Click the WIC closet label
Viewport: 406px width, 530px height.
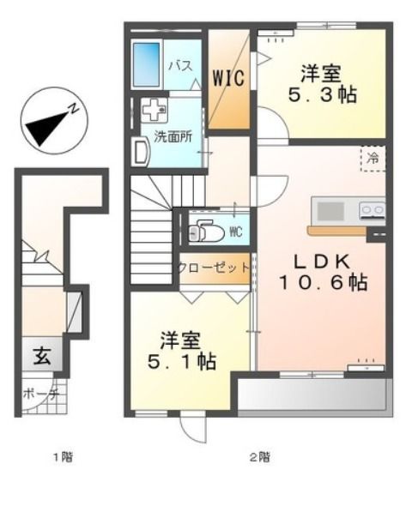pyautogui.click(x=229, y=78)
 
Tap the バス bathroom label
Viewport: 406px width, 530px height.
pyautogui.click(x=179, y=65)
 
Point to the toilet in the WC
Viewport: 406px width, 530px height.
pyautogui.click(x=204, y=232)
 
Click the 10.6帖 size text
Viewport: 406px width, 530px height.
pyautogui.click(x=321, y=285)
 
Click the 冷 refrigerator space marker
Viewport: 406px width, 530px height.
pyautogui.click(x=373, y=158)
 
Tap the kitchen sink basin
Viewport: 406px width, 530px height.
pyautogui.click(x=329, y=211)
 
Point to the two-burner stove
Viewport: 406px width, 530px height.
pyautogui.click(x=372, y=208)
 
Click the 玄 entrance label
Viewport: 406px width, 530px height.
pyautogui.click(x=42, y=356)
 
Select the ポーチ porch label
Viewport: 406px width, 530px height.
pyautogui.click(x=41, y=394)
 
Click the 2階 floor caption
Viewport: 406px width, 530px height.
pyautogui.click(x=258, y=457)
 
